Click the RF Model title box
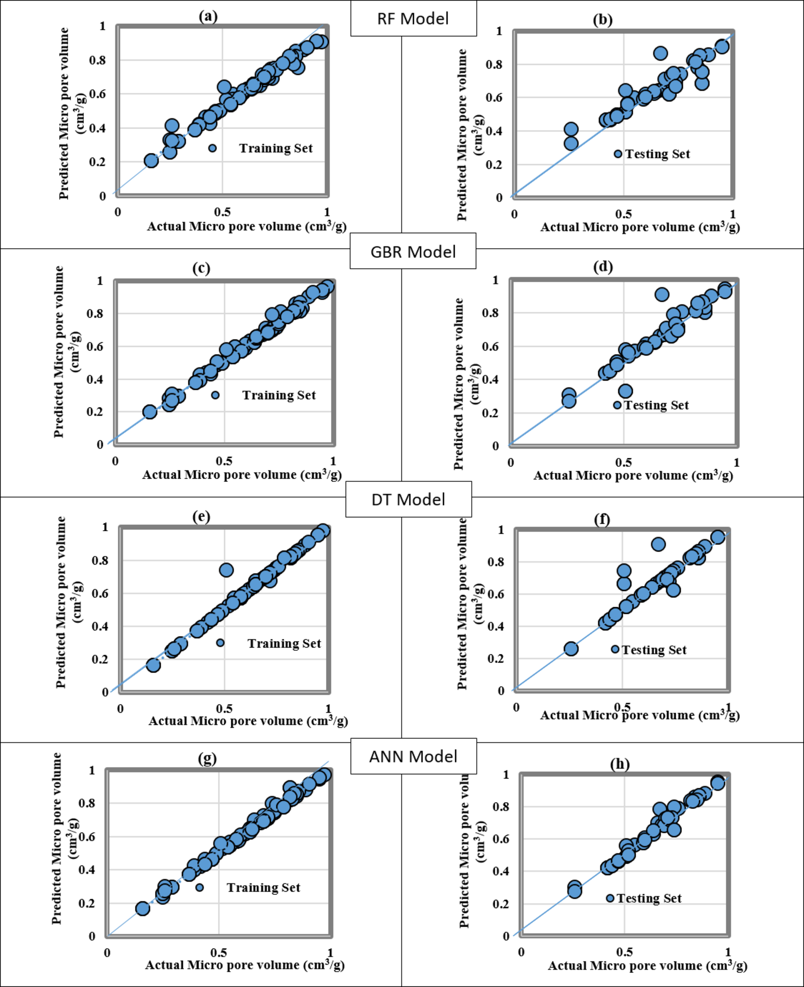[413, 18]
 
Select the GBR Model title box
[413, 251]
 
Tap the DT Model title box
[408, 500]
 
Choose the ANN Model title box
[413, 756]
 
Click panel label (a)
[208, 16]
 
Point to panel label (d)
[603, 266]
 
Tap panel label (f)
[601, 520]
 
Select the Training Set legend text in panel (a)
[276, 148]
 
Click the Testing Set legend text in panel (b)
[657, 154]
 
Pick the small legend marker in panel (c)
[215, 395]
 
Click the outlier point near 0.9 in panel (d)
[662, 294]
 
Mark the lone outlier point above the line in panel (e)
[226, 570]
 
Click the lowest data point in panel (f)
[571, 649]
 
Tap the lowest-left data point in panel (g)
[143, 908]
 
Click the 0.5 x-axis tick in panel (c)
[224, 462]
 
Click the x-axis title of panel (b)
[640, 227]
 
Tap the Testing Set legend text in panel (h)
[649, 898]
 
